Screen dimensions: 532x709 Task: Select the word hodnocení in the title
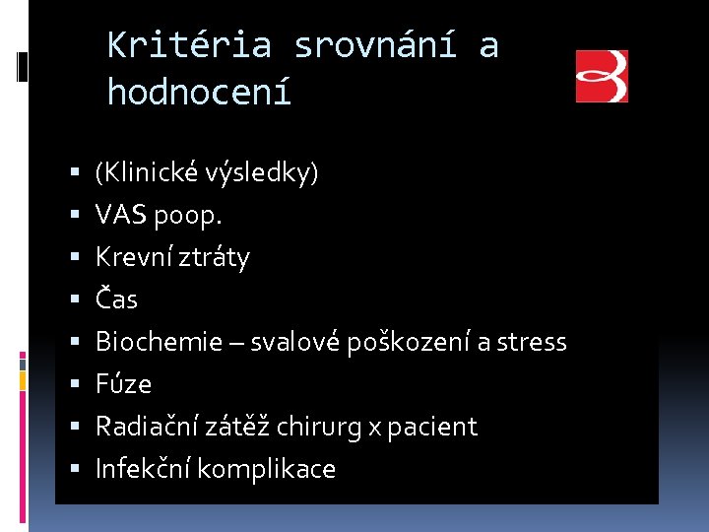click(200, 93)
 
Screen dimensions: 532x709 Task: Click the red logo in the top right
click(602, 77)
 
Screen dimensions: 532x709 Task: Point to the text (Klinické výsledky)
click(207, 173)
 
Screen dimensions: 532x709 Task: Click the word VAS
click(120, 216)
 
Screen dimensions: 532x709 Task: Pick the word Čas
click(116, 299)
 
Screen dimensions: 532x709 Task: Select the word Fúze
click(123, 384)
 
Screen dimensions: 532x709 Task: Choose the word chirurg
click(318, 427)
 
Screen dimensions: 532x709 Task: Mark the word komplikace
click(266, 470)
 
